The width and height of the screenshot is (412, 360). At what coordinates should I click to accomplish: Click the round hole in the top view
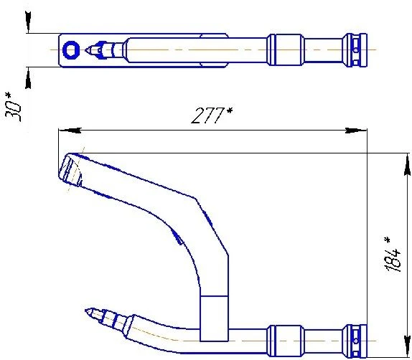tap(70, 49)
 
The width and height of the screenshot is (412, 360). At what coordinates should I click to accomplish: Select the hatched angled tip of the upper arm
tap(70, 170)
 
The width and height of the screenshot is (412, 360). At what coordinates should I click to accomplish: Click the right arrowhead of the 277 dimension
tap(362, 131)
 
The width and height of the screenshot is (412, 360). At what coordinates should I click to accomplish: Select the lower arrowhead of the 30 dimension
tap(28, 71)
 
